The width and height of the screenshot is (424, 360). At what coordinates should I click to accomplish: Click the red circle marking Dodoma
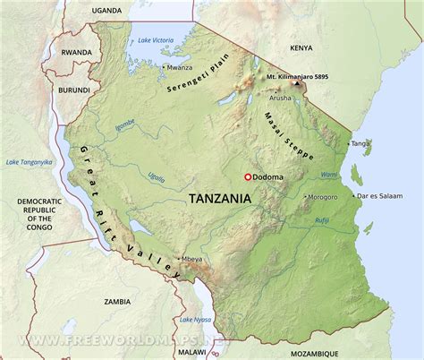(248, 177)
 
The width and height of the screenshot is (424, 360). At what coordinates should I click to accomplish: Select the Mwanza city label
(180, 67)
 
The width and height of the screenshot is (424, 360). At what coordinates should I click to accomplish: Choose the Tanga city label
(360, 143)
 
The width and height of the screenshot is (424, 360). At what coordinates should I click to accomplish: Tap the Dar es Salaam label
(376, 196)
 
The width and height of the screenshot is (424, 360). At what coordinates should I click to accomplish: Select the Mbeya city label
(192, 260)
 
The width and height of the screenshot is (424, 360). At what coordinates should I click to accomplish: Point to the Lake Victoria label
(156, 40)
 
